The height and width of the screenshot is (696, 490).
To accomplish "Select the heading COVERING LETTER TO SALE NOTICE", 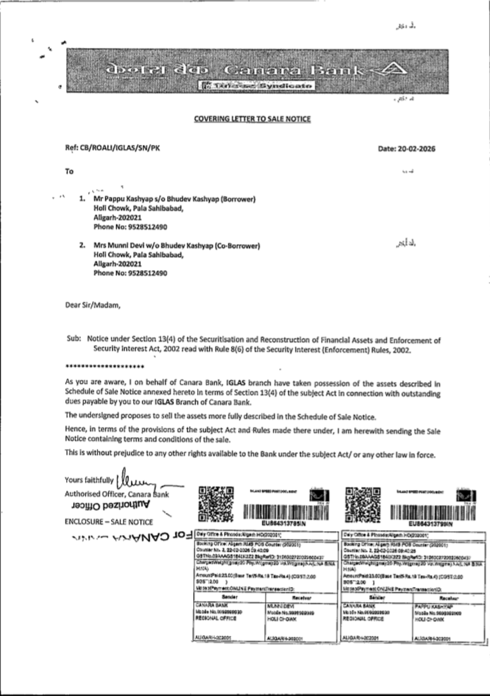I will point(252,119).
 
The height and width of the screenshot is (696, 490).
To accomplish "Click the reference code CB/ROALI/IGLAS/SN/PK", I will point(120,148).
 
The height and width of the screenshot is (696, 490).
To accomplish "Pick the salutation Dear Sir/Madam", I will point(93,305).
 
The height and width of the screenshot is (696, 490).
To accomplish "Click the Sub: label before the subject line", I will point(73,338).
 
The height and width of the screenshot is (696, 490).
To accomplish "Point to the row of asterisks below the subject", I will point(104,367).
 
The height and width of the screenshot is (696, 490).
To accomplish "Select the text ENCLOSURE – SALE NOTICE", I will point(108,522).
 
